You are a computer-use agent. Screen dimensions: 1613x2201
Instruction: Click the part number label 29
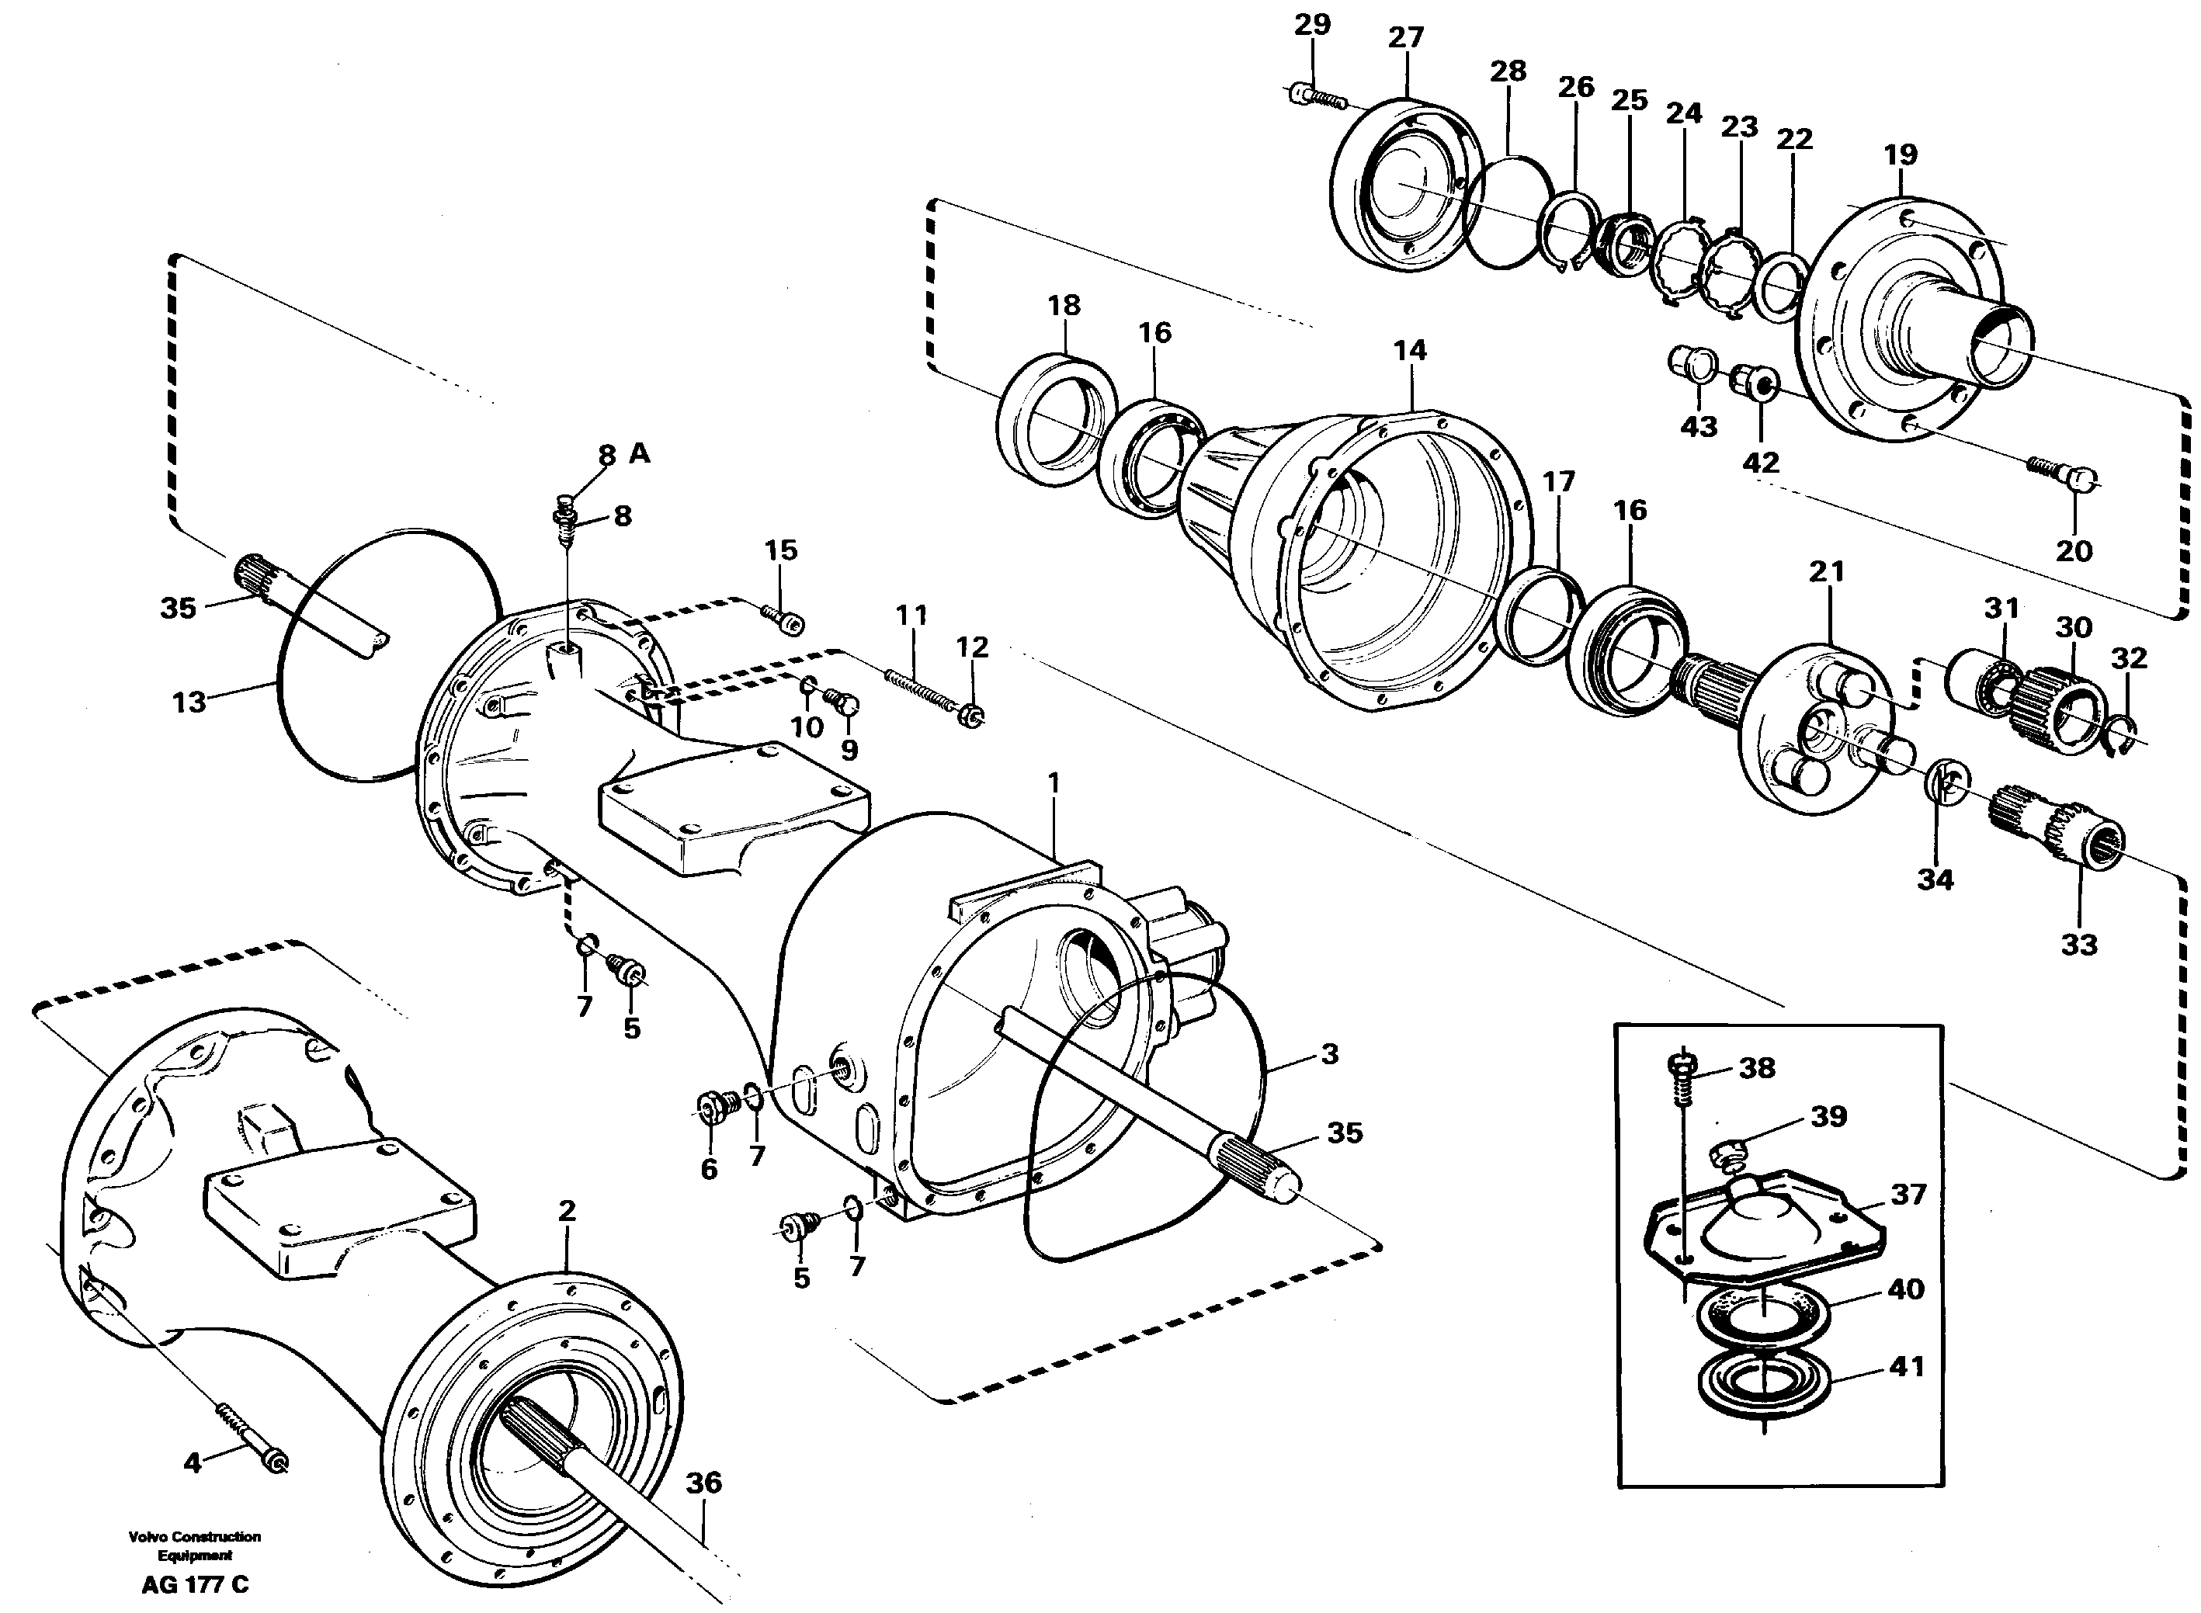point(1311,24)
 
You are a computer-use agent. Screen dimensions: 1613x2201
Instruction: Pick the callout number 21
point(1826,571)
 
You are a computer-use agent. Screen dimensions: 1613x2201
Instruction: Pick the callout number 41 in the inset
point(1906,1366)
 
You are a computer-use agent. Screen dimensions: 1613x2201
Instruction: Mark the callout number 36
point(703,1482)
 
